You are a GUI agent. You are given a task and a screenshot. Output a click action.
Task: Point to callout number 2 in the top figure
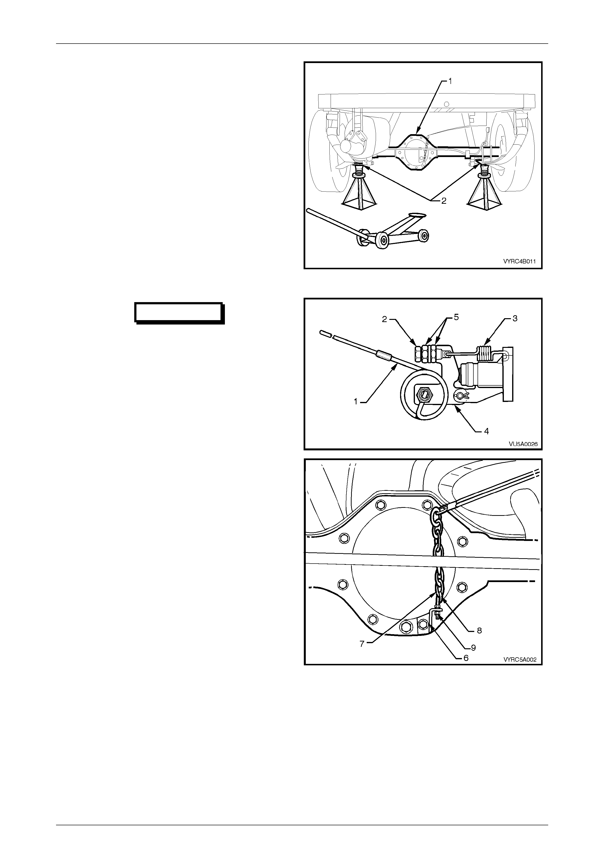tap(444, 201)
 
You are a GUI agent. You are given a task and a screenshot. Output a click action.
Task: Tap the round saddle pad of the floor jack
tap(417, 215)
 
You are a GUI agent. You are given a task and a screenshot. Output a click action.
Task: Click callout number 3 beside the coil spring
tap(515, 319)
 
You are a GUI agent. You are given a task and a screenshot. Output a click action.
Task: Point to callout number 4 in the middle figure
tap(486, 431)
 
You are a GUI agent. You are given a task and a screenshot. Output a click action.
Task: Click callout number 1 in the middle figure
tap(356, 401)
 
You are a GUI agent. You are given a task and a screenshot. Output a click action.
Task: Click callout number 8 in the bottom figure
tap(479, 631)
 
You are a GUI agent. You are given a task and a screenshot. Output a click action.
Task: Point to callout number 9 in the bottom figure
tap(473, 648)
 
